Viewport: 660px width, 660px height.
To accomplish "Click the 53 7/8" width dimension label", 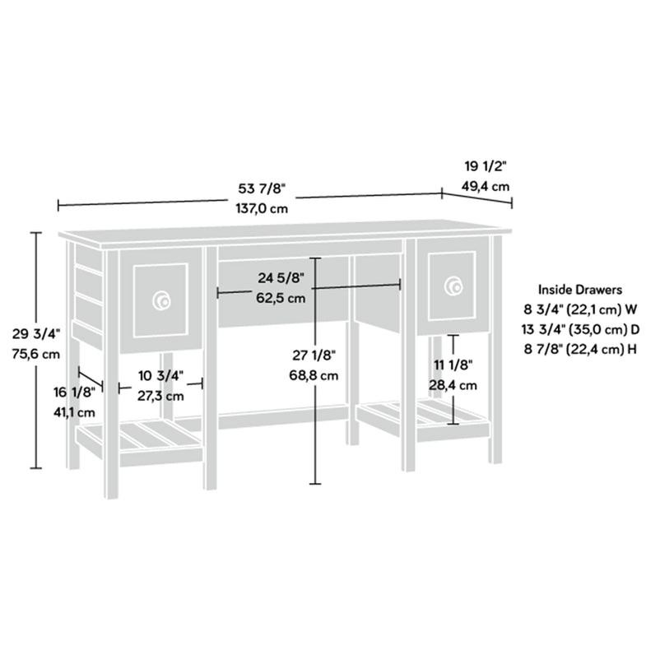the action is pyautogui.click(x=262, y=188).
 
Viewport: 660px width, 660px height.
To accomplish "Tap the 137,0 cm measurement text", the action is pyautogui.click(x=262, y=209).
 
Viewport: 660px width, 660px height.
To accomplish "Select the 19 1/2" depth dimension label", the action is pyautogui.click(x=484, y=167).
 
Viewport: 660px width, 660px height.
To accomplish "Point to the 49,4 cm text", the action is pyautogui.click(x=486, y=186).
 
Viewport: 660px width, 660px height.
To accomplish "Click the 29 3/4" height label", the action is pyautogui.click(x=36, y=334).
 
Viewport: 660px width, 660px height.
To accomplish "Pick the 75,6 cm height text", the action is pyautogui.click(x=36, y=354).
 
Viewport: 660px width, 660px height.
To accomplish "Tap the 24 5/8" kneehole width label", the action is pyautogui.click(x=281, y=278).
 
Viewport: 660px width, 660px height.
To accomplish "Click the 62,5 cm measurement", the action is pyautogui.click(x=281, y=298).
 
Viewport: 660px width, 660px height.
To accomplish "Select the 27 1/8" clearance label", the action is pyautogui.click(x=314, y=356).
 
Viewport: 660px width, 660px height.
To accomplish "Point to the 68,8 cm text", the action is pyautogui.click(x=314, y=375).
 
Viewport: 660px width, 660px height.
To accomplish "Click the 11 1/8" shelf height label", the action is pyautogui.click(x=453, y=365).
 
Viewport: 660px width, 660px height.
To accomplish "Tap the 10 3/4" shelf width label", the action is pyautogui.click(x=160, y=375).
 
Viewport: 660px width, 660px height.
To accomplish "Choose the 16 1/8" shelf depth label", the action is pyautogui.click(x=75, y=393).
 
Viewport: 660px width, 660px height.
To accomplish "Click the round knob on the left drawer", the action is pyautogui.click(x=161, y=300).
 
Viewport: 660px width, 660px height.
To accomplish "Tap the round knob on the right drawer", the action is pyautogui.click(x=453, y=286).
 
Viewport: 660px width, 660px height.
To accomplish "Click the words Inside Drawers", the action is pyautogui.click(x=580, y=290).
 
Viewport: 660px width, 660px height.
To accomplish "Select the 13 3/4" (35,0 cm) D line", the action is pyautogui.click(x=580, y=329).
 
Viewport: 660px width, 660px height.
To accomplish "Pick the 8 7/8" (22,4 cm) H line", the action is pyautogui.click(x=580, y=349).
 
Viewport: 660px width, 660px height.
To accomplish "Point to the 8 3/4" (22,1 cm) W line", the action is pyautogui.click(x=580, y=309).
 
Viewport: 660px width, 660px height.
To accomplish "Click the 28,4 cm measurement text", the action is pyautogui.click(x=453, y=385).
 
